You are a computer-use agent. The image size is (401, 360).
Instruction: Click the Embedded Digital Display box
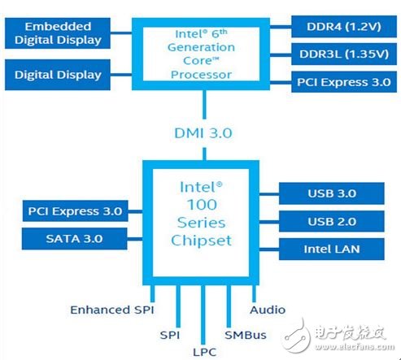tap(58, 33)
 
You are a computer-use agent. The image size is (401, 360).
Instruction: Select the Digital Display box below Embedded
tap(58, 75)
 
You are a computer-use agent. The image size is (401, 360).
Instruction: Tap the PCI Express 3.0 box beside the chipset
tap(72, 212)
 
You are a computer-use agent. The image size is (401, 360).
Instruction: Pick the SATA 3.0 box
tap(72, 239)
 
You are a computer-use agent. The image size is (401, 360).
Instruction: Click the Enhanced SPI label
tap(111, 310)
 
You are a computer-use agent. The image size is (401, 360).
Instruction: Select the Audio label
tap(268, 310)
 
